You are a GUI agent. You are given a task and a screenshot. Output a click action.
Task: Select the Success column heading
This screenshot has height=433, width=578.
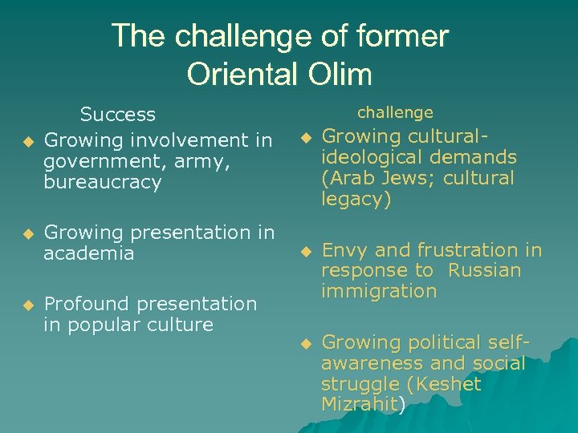118,115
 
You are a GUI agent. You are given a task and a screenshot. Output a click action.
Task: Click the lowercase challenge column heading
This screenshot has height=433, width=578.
395,112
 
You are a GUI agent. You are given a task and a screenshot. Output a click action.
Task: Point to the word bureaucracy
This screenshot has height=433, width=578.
103,182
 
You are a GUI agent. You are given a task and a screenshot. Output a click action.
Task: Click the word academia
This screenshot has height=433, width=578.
89,253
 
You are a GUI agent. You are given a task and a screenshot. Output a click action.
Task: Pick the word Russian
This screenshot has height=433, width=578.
484,271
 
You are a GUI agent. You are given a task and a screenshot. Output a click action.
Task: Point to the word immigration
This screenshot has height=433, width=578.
379,291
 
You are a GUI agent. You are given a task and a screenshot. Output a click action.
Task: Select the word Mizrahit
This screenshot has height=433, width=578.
359,404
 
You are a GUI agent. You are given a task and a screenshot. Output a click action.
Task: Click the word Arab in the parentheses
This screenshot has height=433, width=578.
348,178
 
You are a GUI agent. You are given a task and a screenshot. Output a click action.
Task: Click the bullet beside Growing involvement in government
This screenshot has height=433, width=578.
26,142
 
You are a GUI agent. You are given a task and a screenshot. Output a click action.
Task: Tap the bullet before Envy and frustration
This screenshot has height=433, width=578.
304,253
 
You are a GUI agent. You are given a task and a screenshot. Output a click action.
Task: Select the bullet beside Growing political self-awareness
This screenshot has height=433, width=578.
304,344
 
